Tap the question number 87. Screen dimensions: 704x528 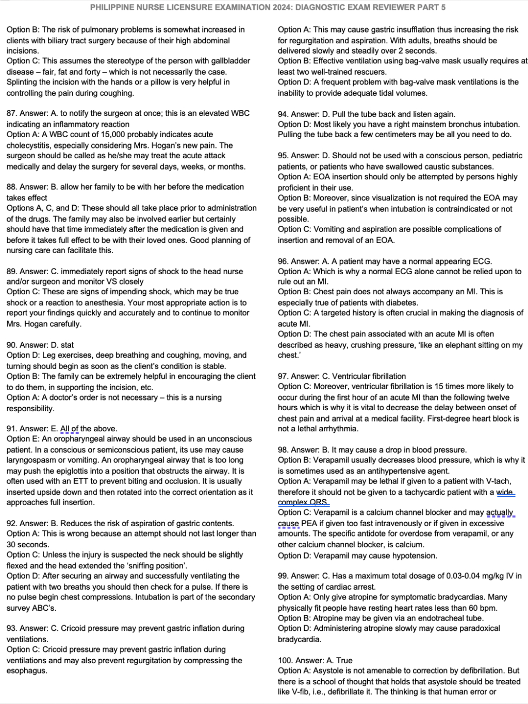11,113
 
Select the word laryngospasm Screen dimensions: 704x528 29,460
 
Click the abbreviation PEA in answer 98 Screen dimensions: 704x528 309,523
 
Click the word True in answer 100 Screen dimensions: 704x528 344,660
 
